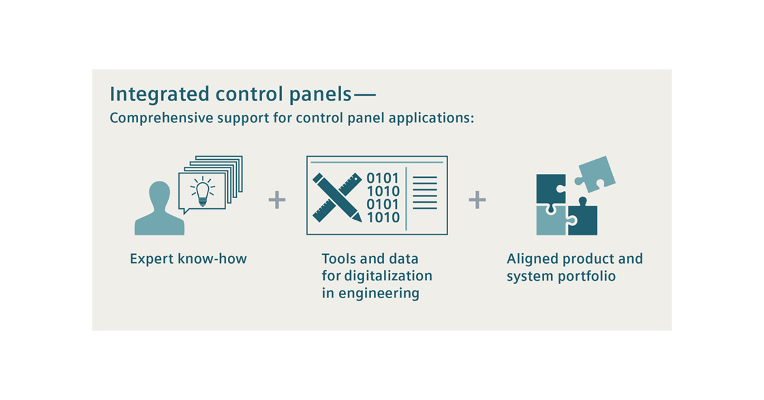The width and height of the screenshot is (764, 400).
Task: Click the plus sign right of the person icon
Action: (277, 201)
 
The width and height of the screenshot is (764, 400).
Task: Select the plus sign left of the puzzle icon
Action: (477, 201)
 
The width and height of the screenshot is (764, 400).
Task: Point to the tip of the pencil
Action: (357, 218)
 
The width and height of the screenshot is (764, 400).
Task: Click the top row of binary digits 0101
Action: (383, 177)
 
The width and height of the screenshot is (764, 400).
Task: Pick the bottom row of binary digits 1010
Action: (383, 218)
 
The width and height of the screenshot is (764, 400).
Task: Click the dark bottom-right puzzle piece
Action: (583, 220)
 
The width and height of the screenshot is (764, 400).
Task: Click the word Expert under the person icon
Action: (152, 259)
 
